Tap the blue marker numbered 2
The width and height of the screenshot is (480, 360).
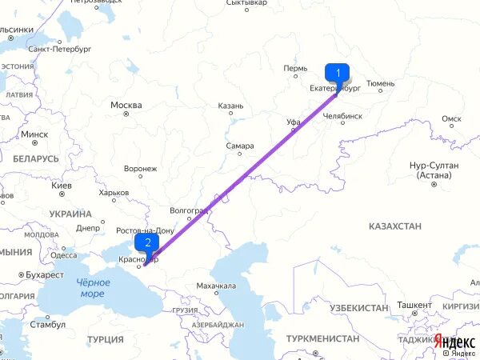tap(147, 242)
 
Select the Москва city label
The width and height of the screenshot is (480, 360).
tap(126, 106)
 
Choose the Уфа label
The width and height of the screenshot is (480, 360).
tap(293, 122)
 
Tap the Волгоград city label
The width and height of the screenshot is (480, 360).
tap(190, 210)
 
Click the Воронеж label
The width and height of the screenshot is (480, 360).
tap(141, 169)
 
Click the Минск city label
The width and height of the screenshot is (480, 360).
tap(34, 134)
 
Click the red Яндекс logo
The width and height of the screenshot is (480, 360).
tap(455, 339)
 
